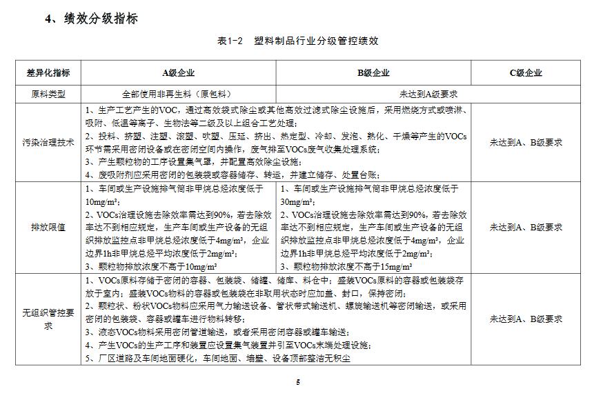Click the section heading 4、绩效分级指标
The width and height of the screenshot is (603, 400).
click(92, 19)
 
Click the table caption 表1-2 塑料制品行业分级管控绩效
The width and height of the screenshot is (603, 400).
click(297, 41)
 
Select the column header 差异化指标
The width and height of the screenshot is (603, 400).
click(48, 73)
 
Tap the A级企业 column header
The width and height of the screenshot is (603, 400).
click(178, 73)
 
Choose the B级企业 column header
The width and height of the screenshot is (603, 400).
click(373, 73)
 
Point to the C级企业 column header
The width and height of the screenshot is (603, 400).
click(526, 73)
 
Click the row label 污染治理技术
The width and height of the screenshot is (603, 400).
click(48, 143)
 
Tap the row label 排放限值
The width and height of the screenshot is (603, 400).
click(48, 227)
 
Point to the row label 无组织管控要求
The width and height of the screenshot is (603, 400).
click(48, 319)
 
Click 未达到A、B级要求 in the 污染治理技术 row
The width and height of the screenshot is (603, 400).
click(526, 143)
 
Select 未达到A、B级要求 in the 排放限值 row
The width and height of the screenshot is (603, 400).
click(526, 227)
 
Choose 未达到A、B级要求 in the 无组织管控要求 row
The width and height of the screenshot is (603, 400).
click(526, 319)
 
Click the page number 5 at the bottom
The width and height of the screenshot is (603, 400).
click(298, 382)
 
